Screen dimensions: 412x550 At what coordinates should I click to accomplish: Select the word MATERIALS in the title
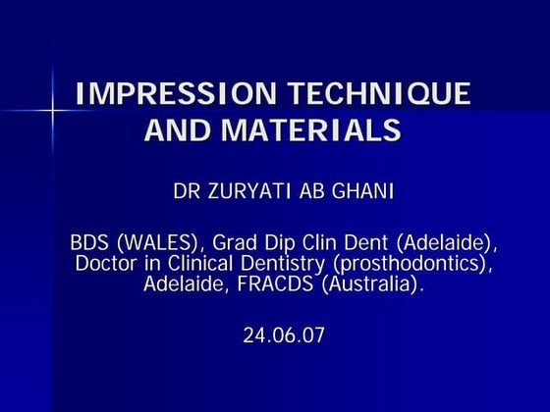(x=315, y=129)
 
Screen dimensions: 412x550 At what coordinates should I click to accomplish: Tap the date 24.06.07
(x=284, y=335)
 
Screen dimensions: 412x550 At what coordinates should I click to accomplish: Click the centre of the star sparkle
(x=50, y=110)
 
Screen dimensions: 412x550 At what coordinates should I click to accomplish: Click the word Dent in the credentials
(x=368, y=242)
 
